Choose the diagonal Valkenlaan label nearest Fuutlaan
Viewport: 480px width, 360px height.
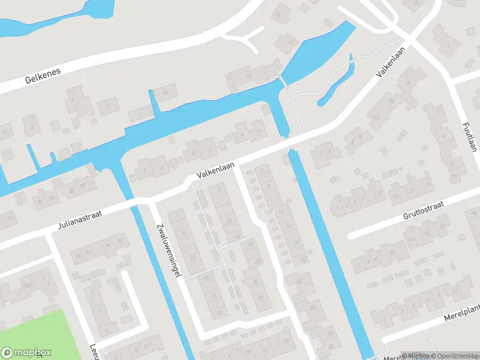coord(388,62)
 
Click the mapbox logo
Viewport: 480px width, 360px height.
coord(26,353)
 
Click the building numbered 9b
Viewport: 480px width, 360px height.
coord(166,91)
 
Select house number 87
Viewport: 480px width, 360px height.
coord(83,190)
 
